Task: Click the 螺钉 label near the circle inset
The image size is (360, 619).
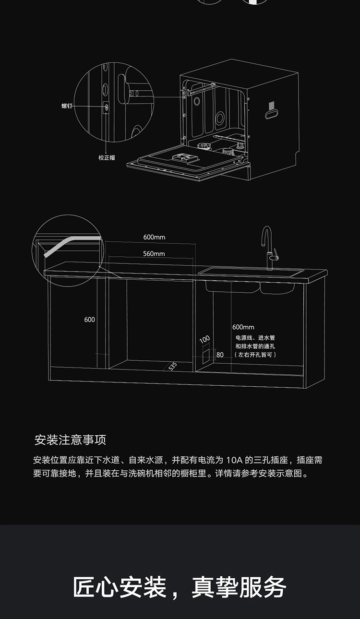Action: point(67,106)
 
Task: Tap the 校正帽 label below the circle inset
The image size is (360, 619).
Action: point(107,157)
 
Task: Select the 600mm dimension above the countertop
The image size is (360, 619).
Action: point(154,237)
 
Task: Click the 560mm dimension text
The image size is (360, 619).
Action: point(154,253)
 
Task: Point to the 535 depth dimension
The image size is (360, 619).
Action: point(173,366)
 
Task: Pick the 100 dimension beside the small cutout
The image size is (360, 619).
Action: point(204,339)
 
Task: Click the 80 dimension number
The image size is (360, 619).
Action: point(220,355)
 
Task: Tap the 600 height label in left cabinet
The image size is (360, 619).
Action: point(90,320)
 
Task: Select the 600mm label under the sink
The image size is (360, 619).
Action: point(243,327)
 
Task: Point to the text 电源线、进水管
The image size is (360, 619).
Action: point(255,338)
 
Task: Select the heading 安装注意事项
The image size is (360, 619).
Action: point(70,440)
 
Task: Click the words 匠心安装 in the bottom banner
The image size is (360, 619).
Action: point(120,587)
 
